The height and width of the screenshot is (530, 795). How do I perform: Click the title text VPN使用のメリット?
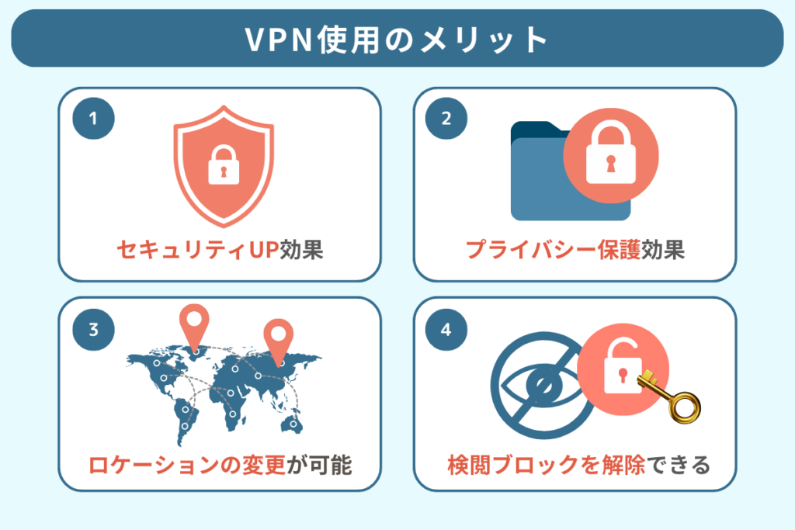pos(397,40)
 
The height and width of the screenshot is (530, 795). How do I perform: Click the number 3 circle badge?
pos(93,329)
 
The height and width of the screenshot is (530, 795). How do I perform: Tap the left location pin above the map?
pos(194,326)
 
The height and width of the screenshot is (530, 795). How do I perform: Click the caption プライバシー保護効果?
pos(575,250)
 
